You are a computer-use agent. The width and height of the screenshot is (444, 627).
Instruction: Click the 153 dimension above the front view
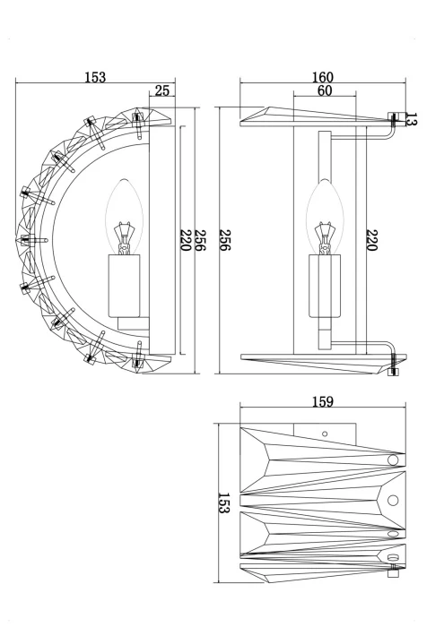(95, 77)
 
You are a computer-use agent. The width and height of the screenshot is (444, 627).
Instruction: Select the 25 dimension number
(162, 90)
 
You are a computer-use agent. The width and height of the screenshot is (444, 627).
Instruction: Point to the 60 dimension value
(324, 90)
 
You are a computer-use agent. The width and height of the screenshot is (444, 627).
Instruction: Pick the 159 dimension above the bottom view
(324, 402)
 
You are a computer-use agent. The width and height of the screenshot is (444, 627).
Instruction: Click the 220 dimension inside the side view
(370, 243)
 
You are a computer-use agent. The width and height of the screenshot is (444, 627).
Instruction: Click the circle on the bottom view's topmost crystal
(392, 460)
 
